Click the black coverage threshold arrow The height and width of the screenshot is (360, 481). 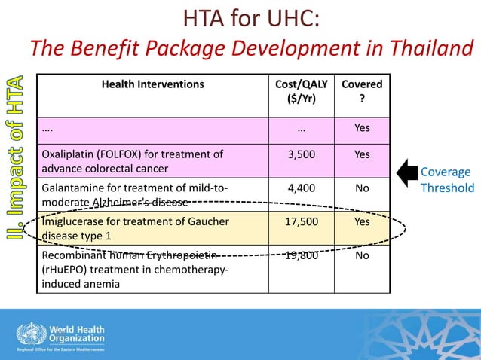(406, 172)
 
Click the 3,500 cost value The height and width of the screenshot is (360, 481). (302, 154)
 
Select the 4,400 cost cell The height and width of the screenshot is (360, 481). (302, 187)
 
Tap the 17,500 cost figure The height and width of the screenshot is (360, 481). (302, 222)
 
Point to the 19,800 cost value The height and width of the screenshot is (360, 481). (302, 256)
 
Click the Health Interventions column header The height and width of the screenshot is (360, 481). (153, 84)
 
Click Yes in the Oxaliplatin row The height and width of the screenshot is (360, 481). (362, 154)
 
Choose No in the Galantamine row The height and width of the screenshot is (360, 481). (362, 187)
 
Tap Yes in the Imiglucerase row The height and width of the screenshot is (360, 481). (362, 222)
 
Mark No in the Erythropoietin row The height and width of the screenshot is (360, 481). (362, 256)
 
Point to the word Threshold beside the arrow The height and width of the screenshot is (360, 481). (448, 188)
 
